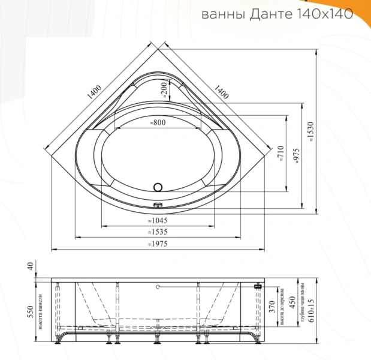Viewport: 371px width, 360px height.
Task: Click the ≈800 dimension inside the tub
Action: pos(158,122)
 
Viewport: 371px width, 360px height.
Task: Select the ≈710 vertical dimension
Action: pos(280,154)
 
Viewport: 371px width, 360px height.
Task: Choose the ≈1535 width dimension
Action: pos(158,232)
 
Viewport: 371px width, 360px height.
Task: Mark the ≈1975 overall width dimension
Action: pos(158,244)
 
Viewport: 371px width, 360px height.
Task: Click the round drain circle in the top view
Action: pos(158,187)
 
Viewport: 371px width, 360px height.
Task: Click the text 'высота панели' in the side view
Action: pos(41,312)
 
